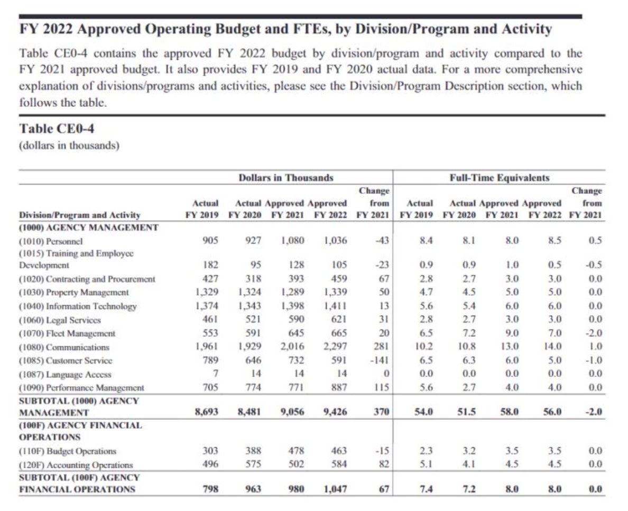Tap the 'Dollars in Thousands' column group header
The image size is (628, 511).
285,178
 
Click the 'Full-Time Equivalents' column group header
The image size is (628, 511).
499,178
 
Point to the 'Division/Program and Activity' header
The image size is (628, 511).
80,215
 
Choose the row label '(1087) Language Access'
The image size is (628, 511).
65,374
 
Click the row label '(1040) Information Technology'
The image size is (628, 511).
78,306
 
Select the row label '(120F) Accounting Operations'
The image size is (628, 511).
76,465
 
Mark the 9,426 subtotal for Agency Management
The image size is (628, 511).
335,412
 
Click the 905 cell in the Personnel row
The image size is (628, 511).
211,240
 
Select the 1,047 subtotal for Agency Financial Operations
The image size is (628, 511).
335,489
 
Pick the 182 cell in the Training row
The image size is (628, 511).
211,265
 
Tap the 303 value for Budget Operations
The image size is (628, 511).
211,451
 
